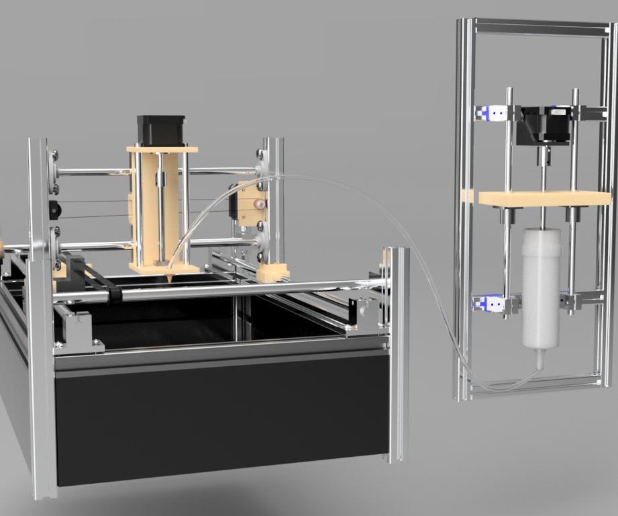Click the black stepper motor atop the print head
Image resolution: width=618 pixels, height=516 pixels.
tap(161, 130)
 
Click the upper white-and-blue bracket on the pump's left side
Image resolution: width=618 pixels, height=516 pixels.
tap(495, 114)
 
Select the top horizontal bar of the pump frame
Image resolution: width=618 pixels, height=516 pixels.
tap(537, 27)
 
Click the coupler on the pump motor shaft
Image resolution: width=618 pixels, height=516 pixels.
tap(542, 157)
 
